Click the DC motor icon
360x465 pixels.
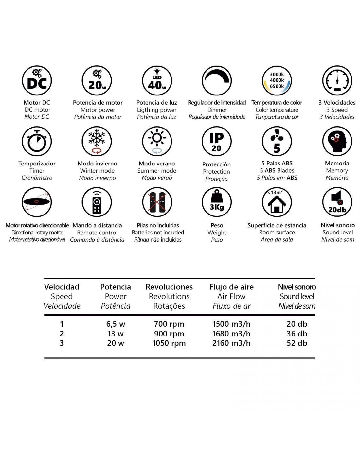pos(37,80)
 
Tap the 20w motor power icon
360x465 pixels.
pos(97,80)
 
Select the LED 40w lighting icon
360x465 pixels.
pos(157,80)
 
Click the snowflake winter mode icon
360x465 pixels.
pos(97,141)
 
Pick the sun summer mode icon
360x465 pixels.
pos(157,141)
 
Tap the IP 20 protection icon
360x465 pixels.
pos(217,141)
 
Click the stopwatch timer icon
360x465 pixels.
pos(37,141)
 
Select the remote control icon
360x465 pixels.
pos(97,202)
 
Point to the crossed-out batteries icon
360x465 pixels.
pos(157,202)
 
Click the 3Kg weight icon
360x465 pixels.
pos(217,202)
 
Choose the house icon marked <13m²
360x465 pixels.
pos(277,202)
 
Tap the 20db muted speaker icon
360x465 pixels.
pos(337,202)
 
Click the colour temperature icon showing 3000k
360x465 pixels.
pos(277,80)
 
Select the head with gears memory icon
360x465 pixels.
pos(337,141)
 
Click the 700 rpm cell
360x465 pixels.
pos(169,324)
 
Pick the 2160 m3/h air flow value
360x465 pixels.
pos(231,343)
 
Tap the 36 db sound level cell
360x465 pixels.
pos(297,334)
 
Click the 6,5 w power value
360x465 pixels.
pos(116,324)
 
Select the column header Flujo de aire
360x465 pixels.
pos(231,287)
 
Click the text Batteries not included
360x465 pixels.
pos(158,232)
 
